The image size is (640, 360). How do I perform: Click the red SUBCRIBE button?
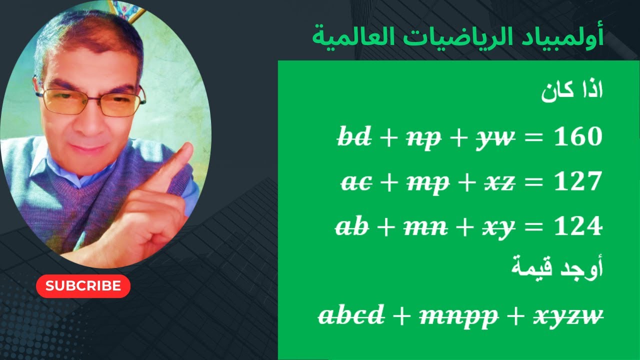[83, 286]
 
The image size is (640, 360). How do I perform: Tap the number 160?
[578, 137]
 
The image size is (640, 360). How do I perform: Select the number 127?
[578, 182]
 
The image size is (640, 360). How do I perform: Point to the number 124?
[578, 227]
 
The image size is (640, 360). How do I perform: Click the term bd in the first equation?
[355, 137]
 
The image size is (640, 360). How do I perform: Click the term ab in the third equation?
[352, 227]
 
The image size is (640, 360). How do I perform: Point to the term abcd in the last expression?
[352, 315]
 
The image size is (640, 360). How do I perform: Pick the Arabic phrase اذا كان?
[572, 93]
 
